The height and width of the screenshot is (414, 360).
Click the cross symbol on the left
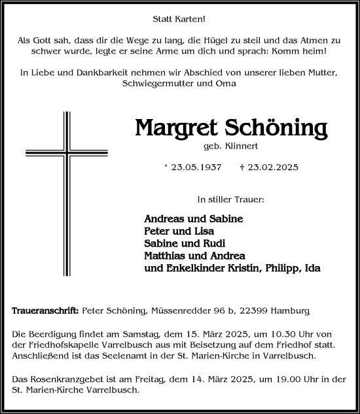point(65,185)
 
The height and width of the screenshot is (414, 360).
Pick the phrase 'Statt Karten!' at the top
point(180,20)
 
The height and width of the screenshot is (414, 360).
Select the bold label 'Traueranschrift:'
point(45,311)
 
